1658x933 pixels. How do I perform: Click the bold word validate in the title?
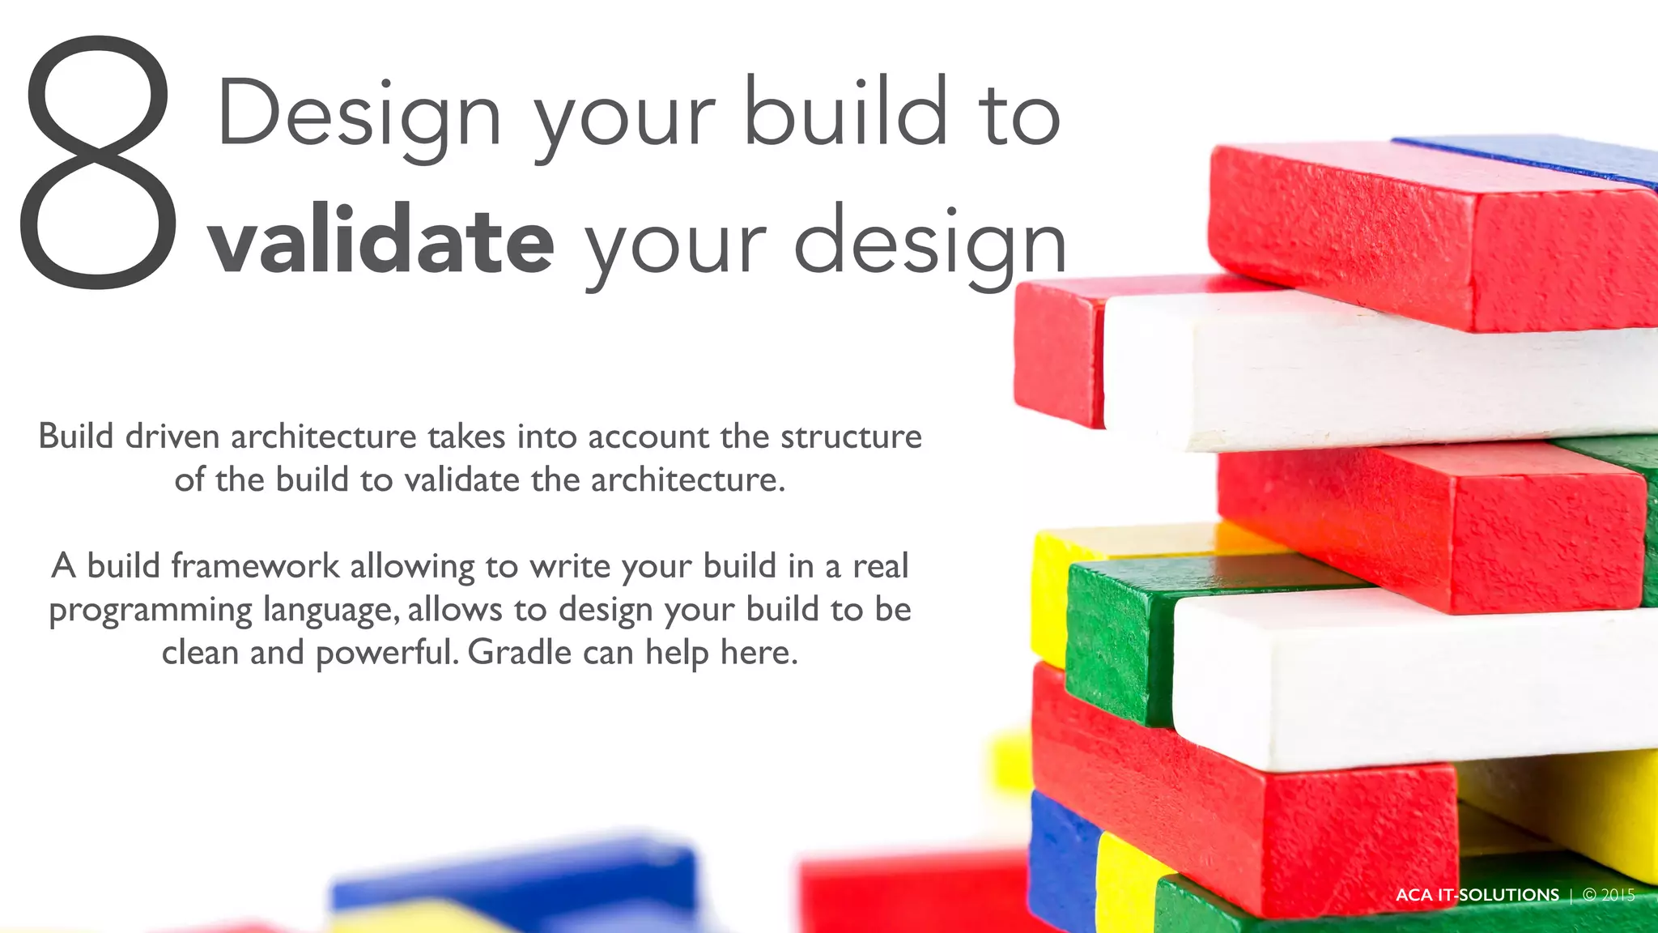[381, 241]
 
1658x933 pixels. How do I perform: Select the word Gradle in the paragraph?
[520, 652]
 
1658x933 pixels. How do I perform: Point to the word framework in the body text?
[255, 565]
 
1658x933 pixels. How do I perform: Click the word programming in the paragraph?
[151, 611]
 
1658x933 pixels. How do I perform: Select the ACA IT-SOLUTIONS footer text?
[1477, 895]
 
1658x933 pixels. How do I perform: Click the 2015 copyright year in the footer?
[1618, 895]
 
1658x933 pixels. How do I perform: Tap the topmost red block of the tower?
[1425, 235]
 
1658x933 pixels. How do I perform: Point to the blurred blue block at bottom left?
[518, 879]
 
